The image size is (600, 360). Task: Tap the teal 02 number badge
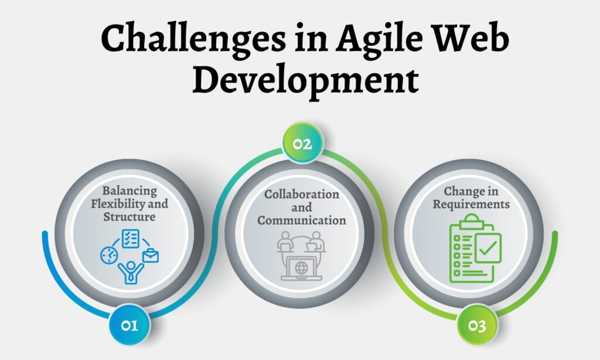click(x=302, y=142)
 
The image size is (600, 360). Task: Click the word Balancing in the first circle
click(x=129, y=191)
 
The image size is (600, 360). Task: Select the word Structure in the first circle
click(x=129, y=217)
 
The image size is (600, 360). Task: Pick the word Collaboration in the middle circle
click(x=302, y=194)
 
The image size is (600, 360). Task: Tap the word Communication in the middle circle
click(x=302, y=220)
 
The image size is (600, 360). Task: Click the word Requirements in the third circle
click(x=476, y=205)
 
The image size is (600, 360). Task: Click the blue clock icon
click(x=109, y=254)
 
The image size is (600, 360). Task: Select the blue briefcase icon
click(x=151, y=255)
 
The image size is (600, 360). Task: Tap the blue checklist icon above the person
click(x=129, y=238)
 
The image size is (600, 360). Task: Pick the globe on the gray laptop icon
click(x=302, y=268)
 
